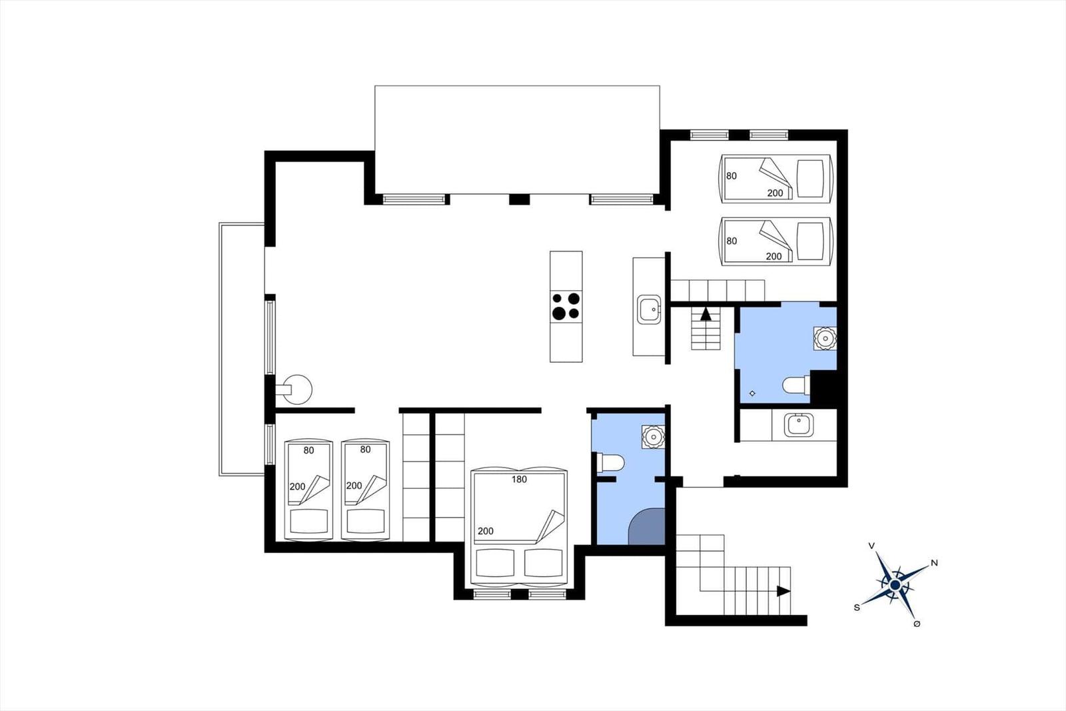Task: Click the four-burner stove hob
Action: [566, 306]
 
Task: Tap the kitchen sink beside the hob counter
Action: [649, 309]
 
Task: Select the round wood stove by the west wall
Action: [296, 390]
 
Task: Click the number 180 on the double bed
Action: [519, 480]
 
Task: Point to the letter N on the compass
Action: [934, 563]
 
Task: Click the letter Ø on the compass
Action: [917, 624]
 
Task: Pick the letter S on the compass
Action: [857, 608]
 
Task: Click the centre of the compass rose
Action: [895, 585]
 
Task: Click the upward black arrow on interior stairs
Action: [706, 314]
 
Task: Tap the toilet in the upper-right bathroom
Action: [796, 386]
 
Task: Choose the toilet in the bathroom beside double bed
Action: [610, 463]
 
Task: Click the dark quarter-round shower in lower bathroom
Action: [647, 526]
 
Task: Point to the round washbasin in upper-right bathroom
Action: [825, 338]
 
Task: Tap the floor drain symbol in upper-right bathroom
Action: [752, 393]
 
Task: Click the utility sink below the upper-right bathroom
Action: [799, 425]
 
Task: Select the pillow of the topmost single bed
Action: [810, 178]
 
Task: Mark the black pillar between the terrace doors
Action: [519, 199]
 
